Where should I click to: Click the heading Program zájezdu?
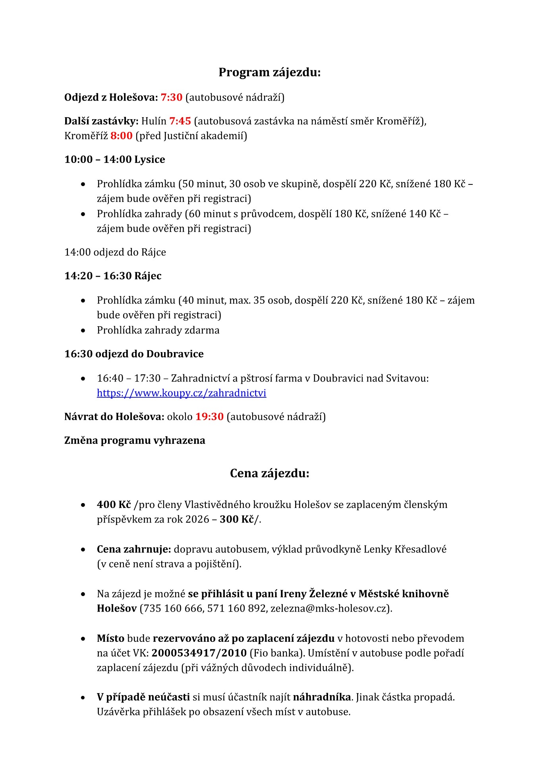[x=269, y=72]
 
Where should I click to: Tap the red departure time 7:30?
[x=171, y=97]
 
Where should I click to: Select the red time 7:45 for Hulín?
[x=180, y=121]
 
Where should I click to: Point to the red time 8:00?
[x=121, y=136]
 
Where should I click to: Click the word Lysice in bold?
[x=150, y=159]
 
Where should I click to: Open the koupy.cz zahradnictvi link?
[x=182, y=393]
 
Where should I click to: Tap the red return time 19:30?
[x=209, y=416]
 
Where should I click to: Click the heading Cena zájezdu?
[x=269, y=473]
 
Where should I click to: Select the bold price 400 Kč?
[x=114, y=505]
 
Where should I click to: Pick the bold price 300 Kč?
[x=237, y=519]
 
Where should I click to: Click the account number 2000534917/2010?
[x=199, y=653]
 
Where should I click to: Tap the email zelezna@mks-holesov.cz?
[x=328, y=608]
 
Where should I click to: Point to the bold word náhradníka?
[x=322, y=697]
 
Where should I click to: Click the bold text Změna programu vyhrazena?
[x=135, y=440]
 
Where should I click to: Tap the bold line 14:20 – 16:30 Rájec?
[x=113, y=276]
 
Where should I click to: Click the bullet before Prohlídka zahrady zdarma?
[x=83, y=331]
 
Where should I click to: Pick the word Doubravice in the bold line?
[x=175, y=354]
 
